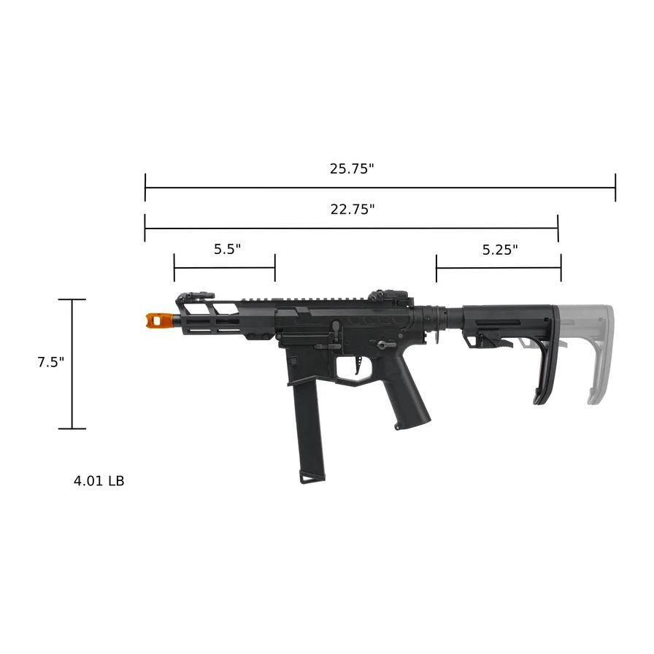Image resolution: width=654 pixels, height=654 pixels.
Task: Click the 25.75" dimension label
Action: [x=351, y=169]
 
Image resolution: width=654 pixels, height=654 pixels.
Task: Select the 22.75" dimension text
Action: [x=352, y=209]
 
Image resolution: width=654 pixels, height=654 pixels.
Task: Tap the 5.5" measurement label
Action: [x=227, y=249]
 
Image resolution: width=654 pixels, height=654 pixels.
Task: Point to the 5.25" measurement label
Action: [x=500, y=250]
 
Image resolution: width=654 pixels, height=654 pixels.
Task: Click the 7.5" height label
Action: [x=51, y=363]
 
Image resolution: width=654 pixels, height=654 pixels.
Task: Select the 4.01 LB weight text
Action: [x=99, y=481]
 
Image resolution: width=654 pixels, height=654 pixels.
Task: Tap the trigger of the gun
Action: [x=357, y=366]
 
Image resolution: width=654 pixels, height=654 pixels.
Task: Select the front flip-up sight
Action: [x=193, y=296]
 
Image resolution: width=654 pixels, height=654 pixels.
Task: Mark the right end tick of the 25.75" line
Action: [x=615, y=188]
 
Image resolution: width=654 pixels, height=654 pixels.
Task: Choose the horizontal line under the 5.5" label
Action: [x=224, y=268]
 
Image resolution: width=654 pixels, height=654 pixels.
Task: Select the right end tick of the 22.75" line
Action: [x=558, y=228]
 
